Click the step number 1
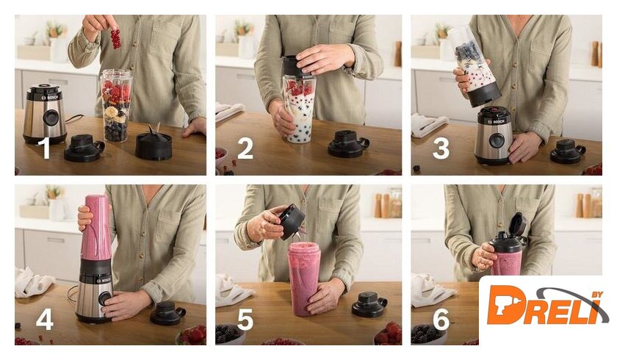click(x=46, y=148)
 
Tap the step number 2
click(x=245, y=149)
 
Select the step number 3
click(x=441, y=148)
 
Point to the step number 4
click(x=45, y=319)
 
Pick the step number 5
click(x=245, y=319)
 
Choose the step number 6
click(x=441, y=319)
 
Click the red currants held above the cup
click(x=115, y=39)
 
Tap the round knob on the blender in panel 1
click(x=51, y=118)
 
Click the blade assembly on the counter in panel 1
click(x=154, y=143)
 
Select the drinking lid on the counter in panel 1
click(x=84, y=148)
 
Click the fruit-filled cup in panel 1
click(x=116, y=106)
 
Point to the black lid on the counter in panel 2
click(x=348, y=144)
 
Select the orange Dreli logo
click(x=545, y=306)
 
